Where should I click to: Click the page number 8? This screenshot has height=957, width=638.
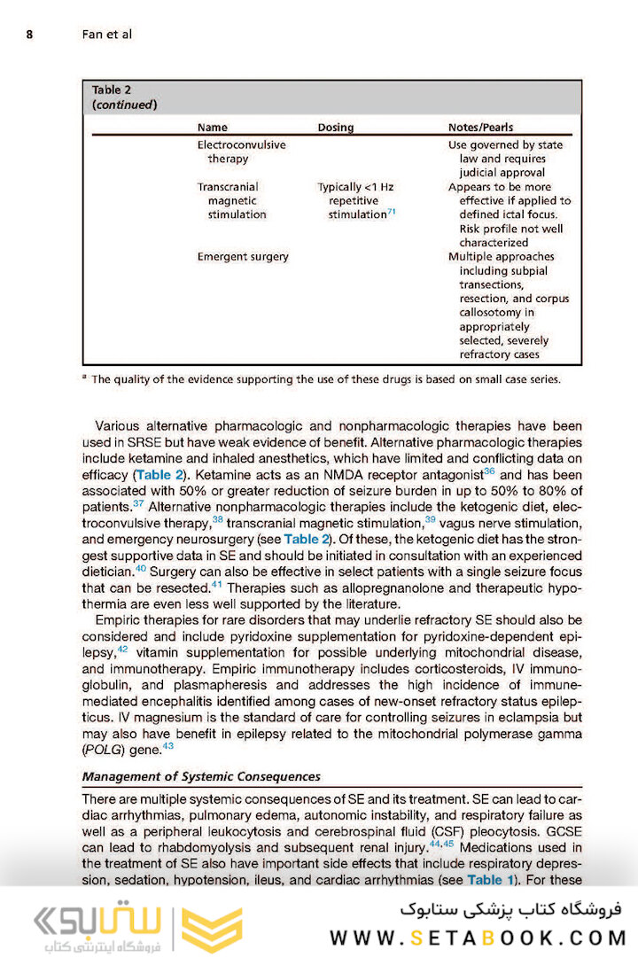pos(29,35)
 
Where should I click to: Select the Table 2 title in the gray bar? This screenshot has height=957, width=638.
pos(125,97)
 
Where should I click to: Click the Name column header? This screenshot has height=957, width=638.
pos(212,128)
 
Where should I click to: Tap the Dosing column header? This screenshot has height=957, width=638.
pos(335,128)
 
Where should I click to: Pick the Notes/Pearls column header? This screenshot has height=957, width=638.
pos(480,128)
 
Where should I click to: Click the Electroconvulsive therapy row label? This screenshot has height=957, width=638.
pos(241,152)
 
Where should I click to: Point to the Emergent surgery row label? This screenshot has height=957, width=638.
pos(243,257)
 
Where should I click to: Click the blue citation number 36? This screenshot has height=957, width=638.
pos(488,472)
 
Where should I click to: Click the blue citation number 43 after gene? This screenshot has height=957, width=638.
pos(167,746)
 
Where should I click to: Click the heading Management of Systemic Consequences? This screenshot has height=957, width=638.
pos(201,777)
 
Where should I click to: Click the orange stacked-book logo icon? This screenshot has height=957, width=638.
pos(211,929)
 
